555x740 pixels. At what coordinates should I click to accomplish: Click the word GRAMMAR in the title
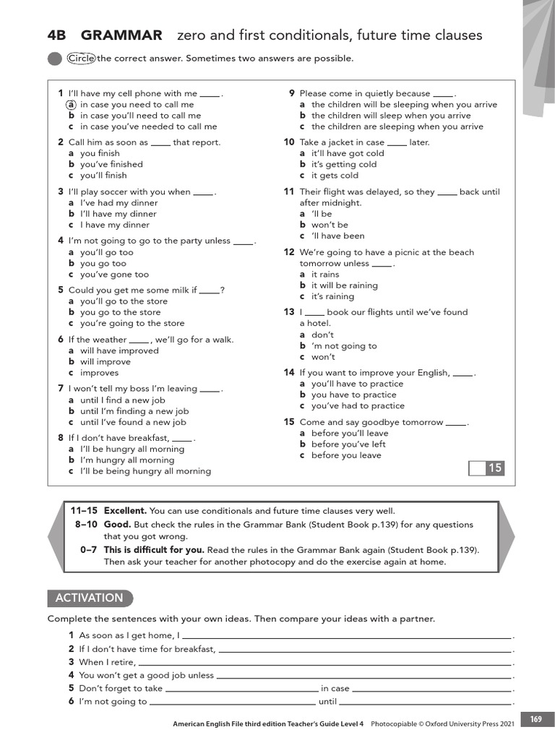(121, 35)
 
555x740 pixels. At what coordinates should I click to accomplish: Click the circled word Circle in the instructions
(81, 59)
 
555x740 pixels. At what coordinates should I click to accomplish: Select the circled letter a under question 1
(71, 104)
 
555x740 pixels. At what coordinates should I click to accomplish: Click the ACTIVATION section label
(90, 598)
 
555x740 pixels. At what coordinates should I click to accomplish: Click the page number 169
(535, 719)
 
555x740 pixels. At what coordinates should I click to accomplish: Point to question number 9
(291, 93)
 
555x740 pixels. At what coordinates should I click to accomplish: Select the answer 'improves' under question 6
(99, 373)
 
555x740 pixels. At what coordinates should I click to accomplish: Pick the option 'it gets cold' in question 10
(335, 176)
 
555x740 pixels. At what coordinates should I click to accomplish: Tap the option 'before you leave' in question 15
(346, 455)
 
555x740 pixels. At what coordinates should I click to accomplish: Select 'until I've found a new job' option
(133, 422)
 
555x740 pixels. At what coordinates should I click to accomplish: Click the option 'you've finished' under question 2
(111, 164)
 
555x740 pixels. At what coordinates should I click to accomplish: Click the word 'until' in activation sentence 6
(327, 701)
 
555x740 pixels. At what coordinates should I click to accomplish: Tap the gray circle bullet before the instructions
(54, 59)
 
